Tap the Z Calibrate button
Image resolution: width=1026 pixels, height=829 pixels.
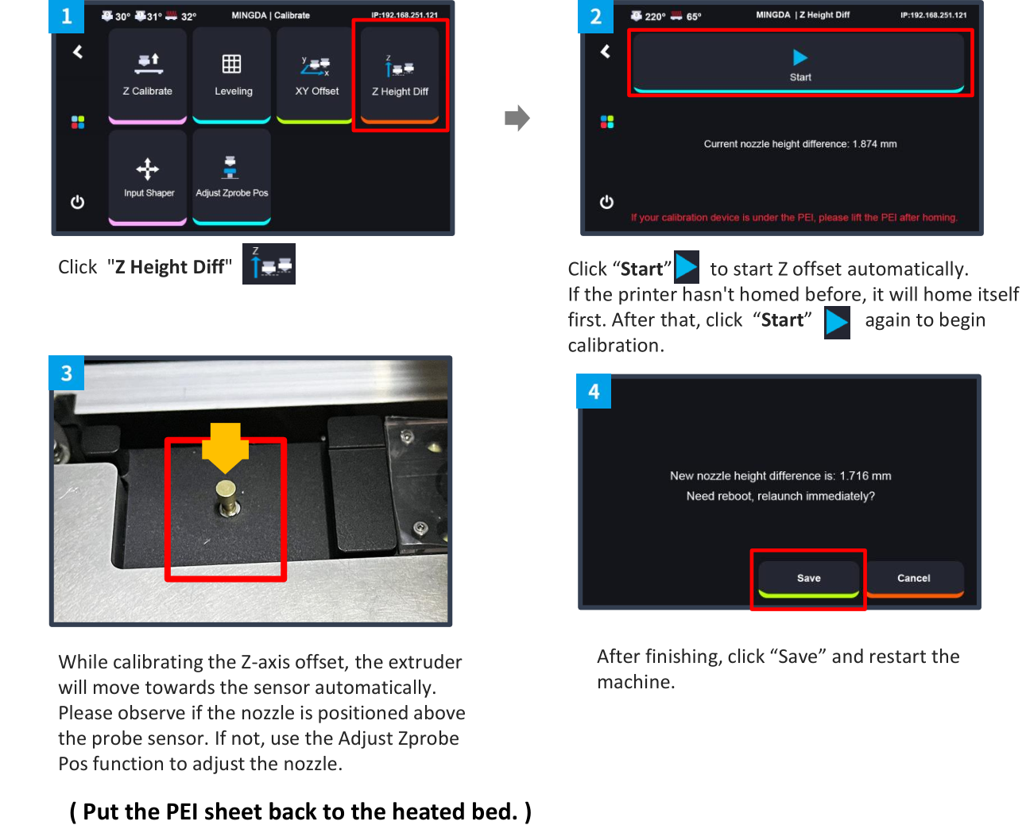[x=147, y=76]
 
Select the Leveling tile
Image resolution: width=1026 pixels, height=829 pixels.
[x=232, y=76]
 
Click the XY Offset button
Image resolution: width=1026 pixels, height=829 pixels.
[x=316, y=76]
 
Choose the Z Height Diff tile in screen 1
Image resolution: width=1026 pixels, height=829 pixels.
[x=400, y=76]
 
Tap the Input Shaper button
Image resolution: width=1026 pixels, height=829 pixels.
[x=147, y=176]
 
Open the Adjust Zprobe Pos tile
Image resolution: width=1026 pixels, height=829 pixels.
[x=232, y=176]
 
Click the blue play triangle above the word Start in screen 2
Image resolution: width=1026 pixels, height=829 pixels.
[x=800, y=57]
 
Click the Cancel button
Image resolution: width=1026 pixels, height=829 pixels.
[x=914, y=579]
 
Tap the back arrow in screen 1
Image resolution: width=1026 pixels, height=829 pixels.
[x=78, y=52]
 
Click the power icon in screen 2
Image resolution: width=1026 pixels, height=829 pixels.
[x=606, y=202]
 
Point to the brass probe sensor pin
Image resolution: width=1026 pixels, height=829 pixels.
[x=226, y=498]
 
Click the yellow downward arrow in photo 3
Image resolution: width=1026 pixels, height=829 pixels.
[x=225, y=448]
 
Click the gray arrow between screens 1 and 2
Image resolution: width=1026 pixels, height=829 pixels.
[x=517, y=118]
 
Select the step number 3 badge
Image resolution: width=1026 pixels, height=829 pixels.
[x=67, y=373]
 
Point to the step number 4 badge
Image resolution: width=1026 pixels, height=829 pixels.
[x=594, y=391]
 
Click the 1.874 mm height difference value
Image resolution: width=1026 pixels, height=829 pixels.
[x=874, y=144]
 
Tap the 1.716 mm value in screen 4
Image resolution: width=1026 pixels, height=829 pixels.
[x=865, y=476]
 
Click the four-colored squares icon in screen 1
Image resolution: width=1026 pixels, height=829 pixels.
[x=78, y=122]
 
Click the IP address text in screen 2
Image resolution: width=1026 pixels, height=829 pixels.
[x=934, y=15]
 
